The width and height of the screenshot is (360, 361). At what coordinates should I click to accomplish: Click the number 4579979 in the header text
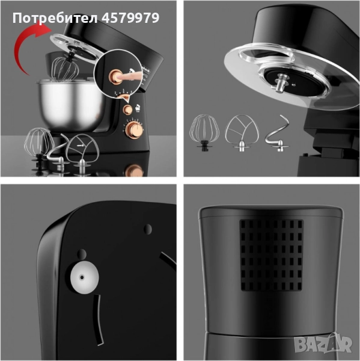click(x=130, y=17)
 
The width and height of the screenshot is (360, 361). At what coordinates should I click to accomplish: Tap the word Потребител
click(x=55, y=18)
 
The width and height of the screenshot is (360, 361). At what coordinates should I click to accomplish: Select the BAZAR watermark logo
click(x=323, y=344)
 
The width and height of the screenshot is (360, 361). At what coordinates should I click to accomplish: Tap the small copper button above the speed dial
click(x=127, y=110)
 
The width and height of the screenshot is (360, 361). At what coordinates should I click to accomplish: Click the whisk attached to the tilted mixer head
click(x=66, y=69)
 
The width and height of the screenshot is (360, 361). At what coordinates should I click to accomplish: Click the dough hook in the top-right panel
click(x=278, y=134)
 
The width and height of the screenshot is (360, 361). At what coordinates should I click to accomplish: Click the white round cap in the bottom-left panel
click(x=84, y=277)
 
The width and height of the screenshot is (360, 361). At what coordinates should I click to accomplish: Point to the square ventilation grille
click(x=272, y=255)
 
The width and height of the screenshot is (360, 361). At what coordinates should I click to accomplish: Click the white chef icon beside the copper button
click(x=138, y=108)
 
